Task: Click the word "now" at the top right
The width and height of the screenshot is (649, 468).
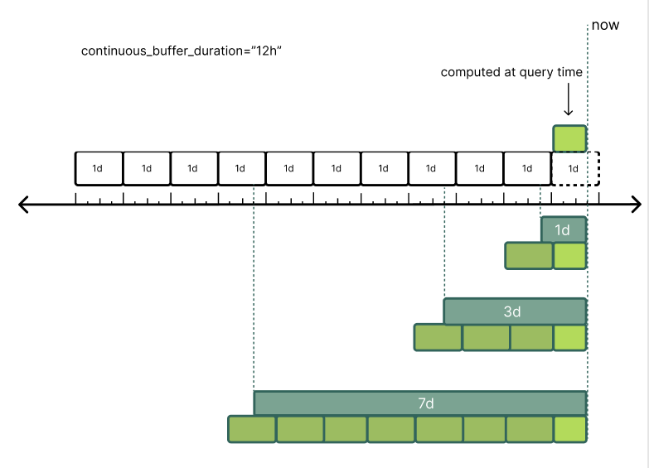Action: [x=605, y=26]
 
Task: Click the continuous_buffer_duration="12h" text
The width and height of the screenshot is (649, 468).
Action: [x=182, y=51]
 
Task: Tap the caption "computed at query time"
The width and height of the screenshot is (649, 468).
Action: [x=511, y=72]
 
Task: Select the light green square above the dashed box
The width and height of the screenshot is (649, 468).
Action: [x=569, y=138]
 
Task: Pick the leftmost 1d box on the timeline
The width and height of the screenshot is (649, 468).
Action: [x=99, y=168]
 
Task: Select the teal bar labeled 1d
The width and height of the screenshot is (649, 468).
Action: [x=564, y=229]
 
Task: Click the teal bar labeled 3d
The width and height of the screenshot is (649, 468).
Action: [x=515, y=311]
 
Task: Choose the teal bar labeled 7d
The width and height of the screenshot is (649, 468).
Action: [x=420, y=403]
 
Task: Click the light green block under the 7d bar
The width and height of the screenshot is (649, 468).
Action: [x=569, y=429]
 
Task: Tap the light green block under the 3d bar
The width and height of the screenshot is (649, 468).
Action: [x=569, y=338]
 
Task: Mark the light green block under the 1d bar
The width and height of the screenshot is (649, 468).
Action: [x=569, y=256]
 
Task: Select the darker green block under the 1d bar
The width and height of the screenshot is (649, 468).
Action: [x=529, y=256]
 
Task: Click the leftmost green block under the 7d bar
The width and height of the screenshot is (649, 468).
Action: [x=252, y=429]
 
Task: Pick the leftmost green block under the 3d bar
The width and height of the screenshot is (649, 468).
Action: [x=438, y=338]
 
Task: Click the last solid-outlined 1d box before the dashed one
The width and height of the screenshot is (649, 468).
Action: [x=527, y=168]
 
